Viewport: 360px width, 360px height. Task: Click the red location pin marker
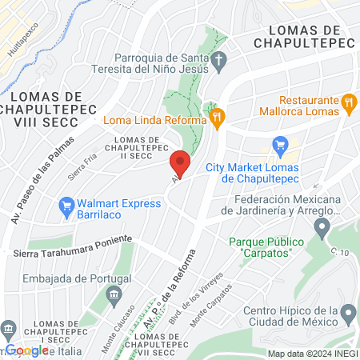tap(180, 163)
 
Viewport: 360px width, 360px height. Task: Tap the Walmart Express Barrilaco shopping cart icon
tap(67, 210)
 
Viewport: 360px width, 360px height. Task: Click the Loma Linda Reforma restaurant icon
tap(215, 117)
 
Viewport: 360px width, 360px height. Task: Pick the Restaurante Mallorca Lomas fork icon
tap(348, 102)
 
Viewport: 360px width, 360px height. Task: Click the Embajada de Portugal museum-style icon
tap(113, 295)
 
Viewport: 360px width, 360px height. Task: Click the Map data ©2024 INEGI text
tap(313, 354)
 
